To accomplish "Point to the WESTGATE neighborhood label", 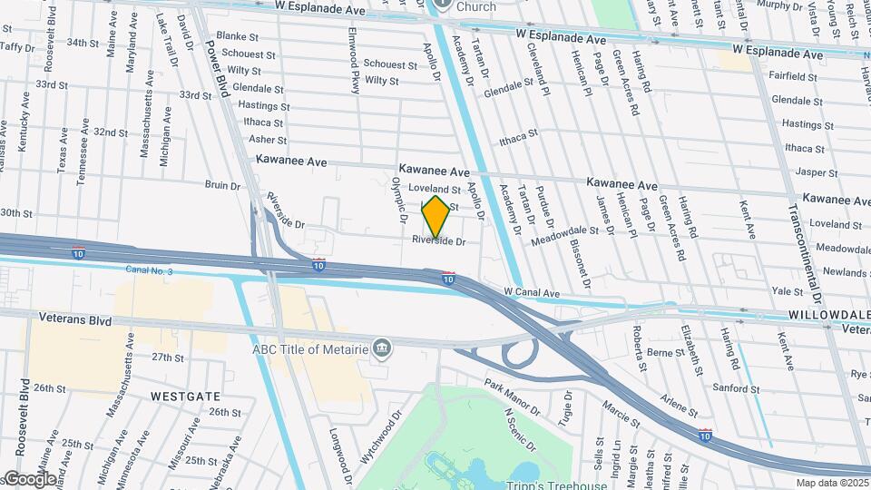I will tap(185, 397).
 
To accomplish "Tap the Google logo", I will tap(30, 478).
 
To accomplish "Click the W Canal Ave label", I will tap(533, 293).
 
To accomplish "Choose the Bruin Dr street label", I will tap(222, 185).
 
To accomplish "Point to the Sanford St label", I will tap(734, 388).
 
